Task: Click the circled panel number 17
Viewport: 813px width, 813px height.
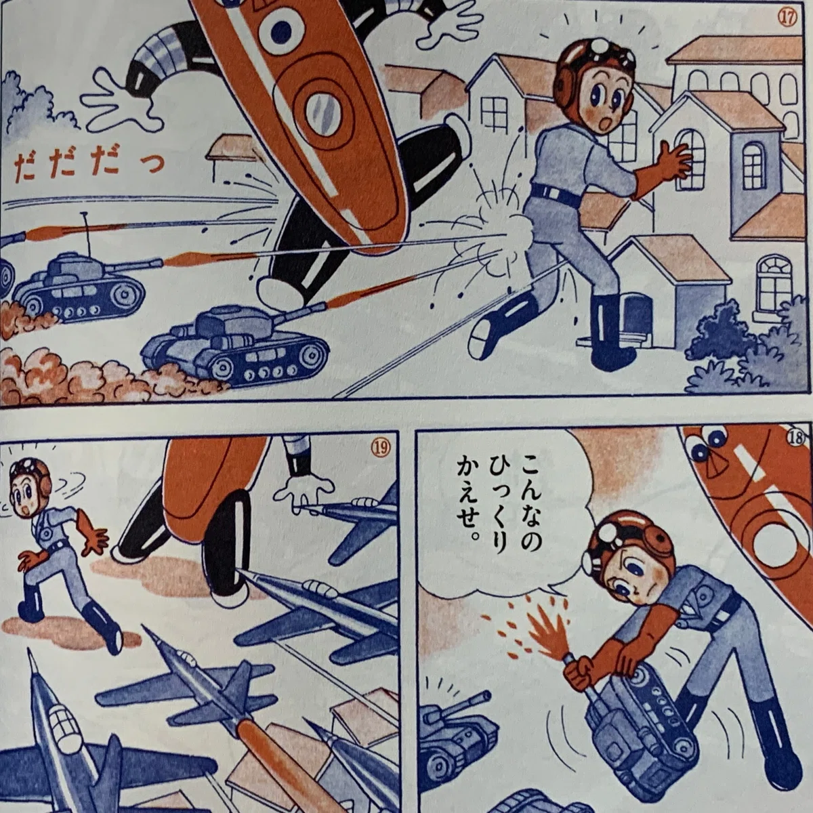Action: (787, 18)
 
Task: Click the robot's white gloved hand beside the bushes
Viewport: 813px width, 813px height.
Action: (123, 99)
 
